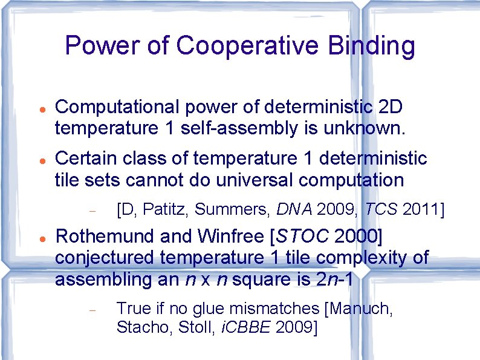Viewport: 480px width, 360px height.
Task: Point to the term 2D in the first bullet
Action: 391,107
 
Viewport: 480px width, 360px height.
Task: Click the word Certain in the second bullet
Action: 84,159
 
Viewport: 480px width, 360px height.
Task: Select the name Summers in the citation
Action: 230,210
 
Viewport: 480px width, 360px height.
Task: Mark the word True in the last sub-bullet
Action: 134,309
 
